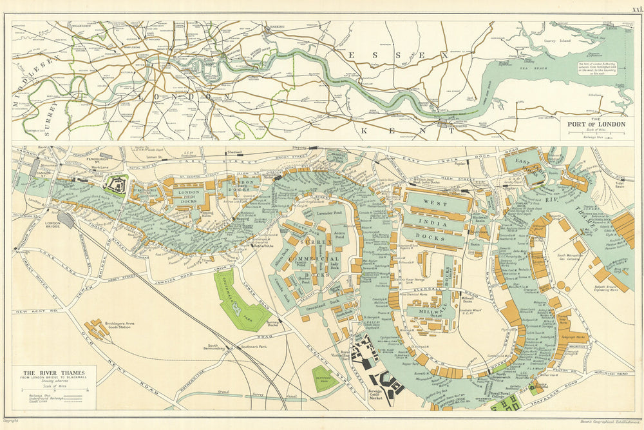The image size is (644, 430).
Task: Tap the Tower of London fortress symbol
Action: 118,185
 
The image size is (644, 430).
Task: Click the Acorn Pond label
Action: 340,235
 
